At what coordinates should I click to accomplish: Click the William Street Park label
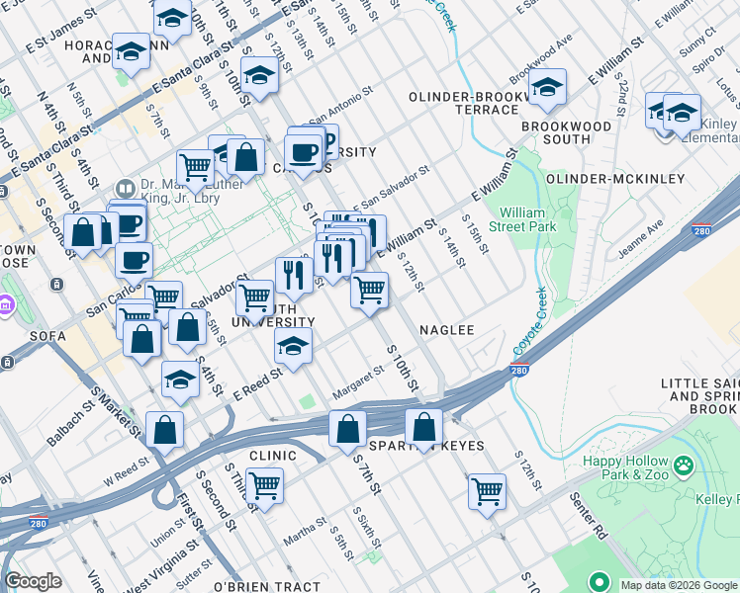527,219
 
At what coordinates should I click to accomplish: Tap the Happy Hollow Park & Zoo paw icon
683,463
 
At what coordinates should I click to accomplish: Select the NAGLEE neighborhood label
446,330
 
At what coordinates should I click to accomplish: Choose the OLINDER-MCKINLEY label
615,179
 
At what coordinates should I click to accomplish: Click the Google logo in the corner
33,581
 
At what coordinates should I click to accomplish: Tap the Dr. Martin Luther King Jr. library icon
125,188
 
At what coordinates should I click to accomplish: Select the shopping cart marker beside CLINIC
265,484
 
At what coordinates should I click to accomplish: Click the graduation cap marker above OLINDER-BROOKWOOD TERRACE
546,88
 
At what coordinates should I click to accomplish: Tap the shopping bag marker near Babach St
164,430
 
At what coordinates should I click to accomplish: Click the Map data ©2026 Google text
679,585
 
